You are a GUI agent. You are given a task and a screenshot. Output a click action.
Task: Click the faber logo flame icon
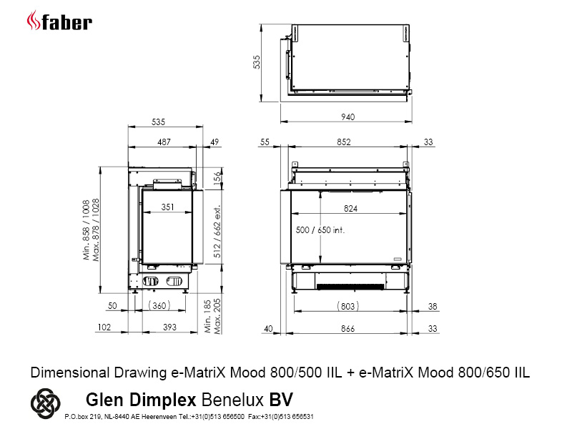33,21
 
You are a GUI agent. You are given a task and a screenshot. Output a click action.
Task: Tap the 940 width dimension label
348,117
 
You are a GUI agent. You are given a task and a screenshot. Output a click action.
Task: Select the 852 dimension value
344,142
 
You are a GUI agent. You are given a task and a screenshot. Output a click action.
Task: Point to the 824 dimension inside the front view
350,208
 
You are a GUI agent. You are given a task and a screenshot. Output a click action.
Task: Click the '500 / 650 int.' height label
320,230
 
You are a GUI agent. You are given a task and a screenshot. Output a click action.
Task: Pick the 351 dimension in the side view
168,207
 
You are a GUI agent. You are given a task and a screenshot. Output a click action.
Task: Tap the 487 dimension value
164,142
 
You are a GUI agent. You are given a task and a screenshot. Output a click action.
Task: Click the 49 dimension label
214,142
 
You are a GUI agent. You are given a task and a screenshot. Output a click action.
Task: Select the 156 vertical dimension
217,179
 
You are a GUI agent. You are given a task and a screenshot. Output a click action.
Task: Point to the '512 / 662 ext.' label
217,232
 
